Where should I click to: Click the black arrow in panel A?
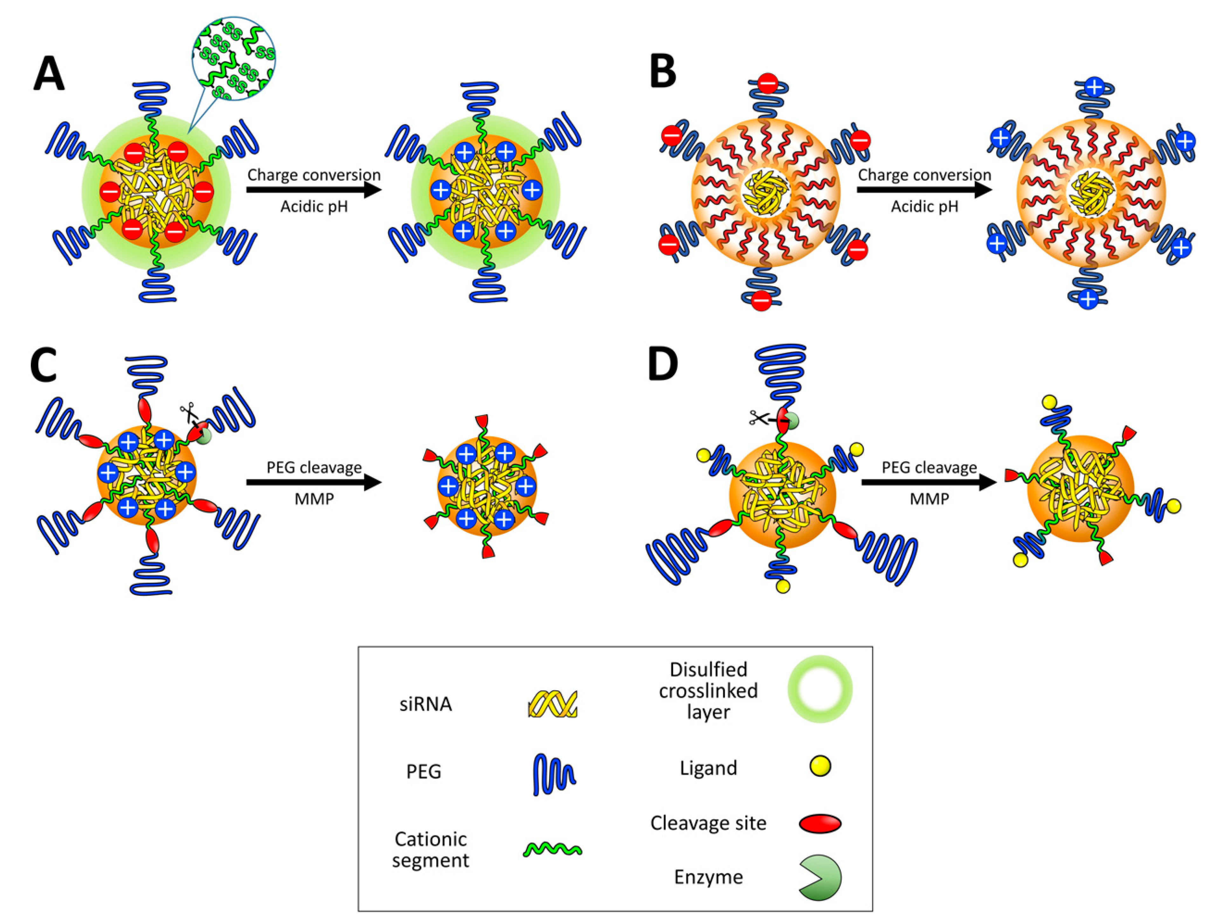314,190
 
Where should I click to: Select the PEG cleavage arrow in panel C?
314,483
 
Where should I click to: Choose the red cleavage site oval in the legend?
820,824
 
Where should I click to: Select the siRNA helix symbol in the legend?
552,704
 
